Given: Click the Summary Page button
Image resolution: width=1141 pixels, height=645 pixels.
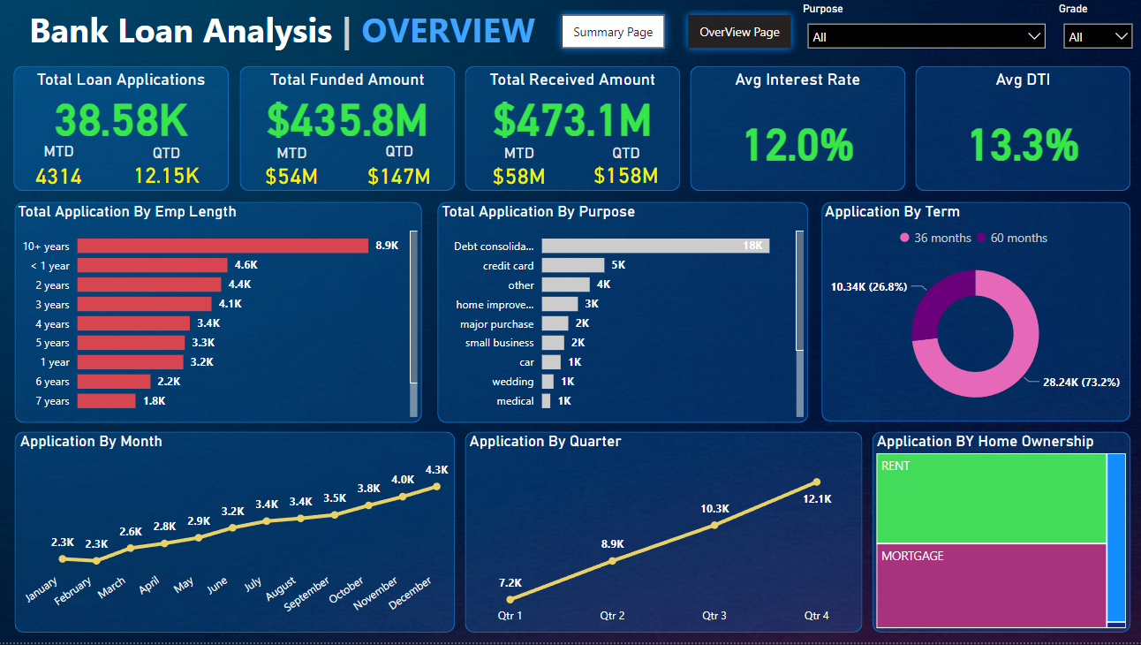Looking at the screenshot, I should click(x=613, y=32).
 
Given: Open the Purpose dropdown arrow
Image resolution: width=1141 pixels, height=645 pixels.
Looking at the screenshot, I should click(x=1035, y=36).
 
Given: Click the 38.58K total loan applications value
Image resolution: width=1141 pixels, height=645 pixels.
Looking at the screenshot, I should click(x=121, y=120).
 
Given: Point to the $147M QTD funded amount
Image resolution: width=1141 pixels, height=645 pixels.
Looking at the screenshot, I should click(x=399, y=176).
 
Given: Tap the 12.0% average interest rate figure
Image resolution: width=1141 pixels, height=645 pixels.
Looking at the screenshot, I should click(x=797, y=144).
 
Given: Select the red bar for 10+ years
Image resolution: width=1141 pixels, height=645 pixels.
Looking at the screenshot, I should click(x=223, y=246).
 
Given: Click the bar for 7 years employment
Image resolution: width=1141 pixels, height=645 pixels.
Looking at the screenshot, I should click(x=107, y=401).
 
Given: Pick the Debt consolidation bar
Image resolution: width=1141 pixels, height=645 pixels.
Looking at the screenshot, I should click(x=655, y=246).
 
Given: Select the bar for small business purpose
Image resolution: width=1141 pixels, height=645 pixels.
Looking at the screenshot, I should click(x=553, y=343).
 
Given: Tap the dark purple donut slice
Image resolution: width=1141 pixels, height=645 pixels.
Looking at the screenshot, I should click(x=940, y=300).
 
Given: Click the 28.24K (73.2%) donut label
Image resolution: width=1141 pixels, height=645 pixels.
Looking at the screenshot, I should click(x=1081, y=383).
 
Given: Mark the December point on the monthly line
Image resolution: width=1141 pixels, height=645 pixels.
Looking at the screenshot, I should click(x=436, y=486).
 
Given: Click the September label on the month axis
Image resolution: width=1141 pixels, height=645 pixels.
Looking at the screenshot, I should click(x=306, y=594).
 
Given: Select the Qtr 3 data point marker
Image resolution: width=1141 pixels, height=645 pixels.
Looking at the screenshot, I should click(x=714, y=525).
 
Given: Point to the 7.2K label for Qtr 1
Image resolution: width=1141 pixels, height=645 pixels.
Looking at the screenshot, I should click(x=510, y=582).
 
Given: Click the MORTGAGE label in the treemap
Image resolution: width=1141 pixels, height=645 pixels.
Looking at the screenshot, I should click(x=912, y=557).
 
